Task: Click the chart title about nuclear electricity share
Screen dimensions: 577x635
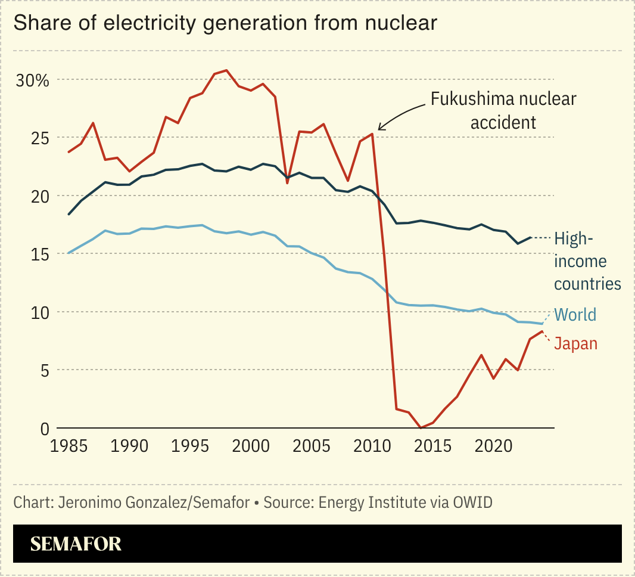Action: pyautogui.click(x=225, y=23)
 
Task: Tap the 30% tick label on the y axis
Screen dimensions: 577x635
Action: pyautogui.click(x=32, y=80)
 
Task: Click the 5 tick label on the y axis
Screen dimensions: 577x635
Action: pyautogui.click(x=43, y=370)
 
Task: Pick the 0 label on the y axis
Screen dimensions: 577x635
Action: pyautogui.click(x=43, y=428)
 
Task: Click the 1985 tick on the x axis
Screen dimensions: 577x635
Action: pyautogui.click(x=69, y=446)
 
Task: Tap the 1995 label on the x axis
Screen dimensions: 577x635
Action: pyautogui.click(x=190, y=446)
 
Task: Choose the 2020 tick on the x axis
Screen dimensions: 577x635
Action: pyautogui.click(x=493, y=446)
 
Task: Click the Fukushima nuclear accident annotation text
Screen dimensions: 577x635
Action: pyautogui.click(x=503, y=110)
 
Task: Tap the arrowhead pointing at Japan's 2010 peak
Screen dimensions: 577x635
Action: pyautogui.click(x=380, y=128)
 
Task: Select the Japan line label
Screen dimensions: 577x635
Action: pyautogui.click(x=575, y=343)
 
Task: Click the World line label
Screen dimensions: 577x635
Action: pyautogui.click(x=575, y=315)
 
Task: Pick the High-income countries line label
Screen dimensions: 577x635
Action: pyautogui.click(x=587, y=261)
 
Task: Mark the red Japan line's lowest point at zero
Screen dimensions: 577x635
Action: pyautogui.click(x=421, y=427)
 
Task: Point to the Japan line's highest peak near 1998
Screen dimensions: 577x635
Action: pyautogui.click(x=226, y=70)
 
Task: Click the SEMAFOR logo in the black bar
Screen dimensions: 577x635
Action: pyautogui.click(x=76, y=544)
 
